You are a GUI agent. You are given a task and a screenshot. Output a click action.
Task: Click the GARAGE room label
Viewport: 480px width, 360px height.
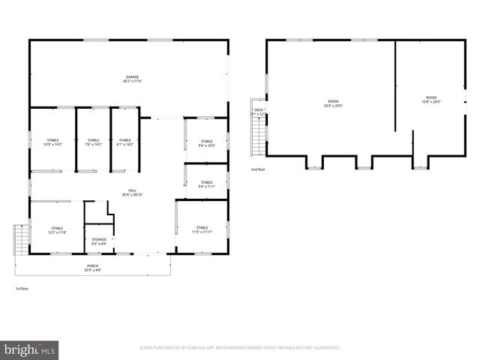132,76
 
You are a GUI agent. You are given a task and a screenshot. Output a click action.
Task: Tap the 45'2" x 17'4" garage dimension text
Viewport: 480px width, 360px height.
132,81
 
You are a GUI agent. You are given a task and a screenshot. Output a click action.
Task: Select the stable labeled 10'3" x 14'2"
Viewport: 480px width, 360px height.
53,142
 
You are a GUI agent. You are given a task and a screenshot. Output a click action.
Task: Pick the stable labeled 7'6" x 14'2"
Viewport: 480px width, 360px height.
93,142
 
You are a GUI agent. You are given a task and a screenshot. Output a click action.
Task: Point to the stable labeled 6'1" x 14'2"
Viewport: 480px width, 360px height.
124,142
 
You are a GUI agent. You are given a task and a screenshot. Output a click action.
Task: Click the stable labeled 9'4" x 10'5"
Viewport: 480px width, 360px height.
206,142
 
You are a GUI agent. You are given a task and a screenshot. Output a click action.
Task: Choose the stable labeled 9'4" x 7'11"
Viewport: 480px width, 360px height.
206,184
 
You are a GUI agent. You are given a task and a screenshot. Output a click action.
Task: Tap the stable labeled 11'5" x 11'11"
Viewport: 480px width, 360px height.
202,229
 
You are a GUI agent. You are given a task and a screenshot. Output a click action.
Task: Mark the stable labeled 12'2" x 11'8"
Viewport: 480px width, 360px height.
57,229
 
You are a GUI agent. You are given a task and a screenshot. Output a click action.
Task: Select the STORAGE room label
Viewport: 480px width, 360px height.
99,239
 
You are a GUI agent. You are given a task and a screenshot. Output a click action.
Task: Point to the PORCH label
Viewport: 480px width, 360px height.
92,265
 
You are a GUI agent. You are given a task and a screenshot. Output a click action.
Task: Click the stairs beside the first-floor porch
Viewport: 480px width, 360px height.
21,240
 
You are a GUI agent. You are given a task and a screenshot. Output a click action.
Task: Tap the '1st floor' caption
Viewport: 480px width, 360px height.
22,289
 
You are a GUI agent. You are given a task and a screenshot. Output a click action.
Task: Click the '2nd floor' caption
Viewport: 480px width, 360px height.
258,170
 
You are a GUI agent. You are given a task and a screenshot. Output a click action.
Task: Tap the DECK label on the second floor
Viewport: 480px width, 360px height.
259,110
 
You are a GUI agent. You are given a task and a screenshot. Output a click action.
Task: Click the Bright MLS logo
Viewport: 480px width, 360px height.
30,349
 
